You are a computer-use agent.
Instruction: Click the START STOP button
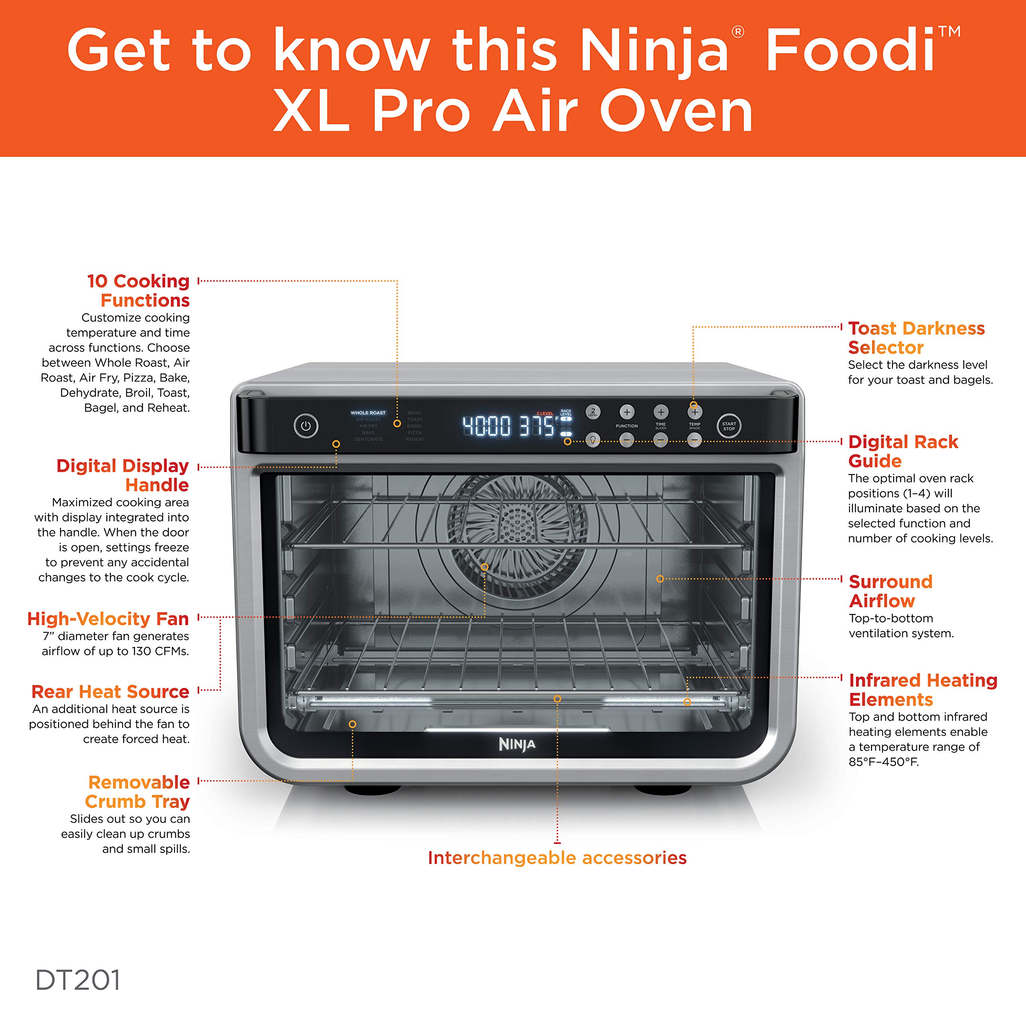pos(729,426)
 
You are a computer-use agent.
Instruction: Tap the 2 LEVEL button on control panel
pos(593,412)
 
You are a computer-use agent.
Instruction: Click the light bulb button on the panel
pos(593,440)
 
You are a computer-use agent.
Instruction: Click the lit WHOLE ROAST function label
pos(368,413)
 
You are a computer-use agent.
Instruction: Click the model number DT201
pos(77,980)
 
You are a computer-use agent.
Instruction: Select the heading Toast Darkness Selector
pos(916,338)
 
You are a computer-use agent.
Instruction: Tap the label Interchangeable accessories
pos(557,858)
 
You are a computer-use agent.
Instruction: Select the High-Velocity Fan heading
pos(108,619)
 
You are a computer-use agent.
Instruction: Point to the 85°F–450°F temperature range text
pos(883,761)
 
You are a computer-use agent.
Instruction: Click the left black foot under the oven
pos(372,790)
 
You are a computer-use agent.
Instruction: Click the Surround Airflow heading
pos(890,591)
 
